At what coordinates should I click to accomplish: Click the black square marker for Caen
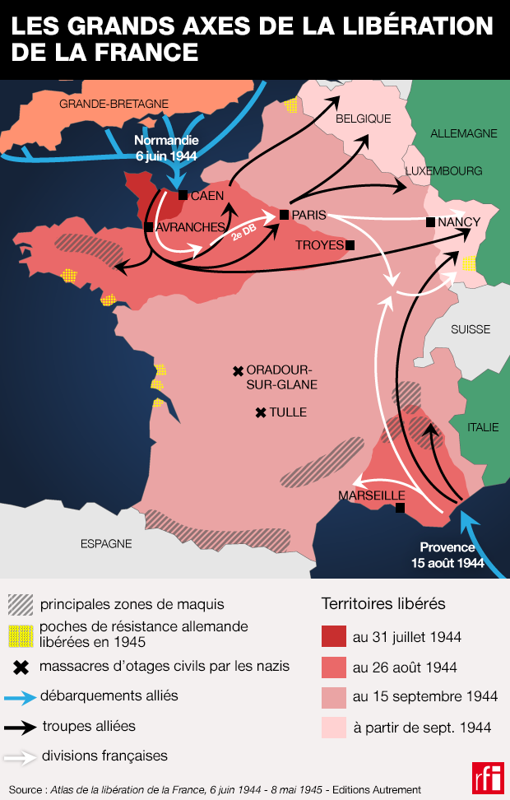click(183, 196)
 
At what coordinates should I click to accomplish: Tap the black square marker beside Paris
click(284, 215)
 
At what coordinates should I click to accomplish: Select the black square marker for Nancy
click(430, 222)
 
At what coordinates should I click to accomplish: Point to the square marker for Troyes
click(350, 244)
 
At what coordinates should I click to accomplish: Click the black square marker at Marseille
click(400, 508)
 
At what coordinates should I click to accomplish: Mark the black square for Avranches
click(149, 226)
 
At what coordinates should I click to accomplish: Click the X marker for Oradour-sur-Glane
click(238, 371)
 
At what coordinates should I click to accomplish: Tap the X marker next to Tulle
click(261, 412)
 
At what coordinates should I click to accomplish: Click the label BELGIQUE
click(363, 119)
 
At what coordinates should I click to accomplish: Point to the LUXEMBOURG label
click(443, 171)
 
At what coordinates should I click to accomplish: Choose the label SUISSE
click(471, 329)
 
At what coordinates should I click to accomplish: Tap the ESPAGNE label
click(106, 543)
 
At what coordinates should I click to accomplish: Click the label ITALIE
click(483, 427)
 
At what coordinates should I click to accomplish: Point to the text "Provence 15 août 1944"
click(447, 555)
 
